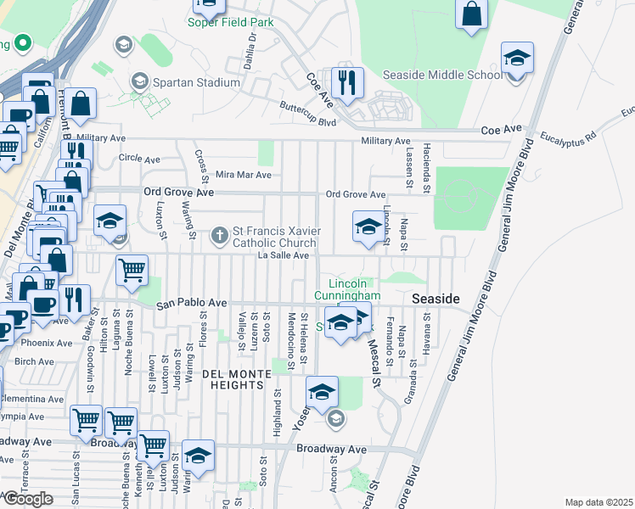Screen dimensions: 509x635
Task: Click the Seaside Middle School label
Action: click(x=442, y=75)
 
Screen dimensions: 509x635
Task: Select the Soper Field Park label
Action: click(x=230, y=21)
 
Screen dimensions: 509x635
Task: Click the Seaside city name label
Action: click(x=436, y=300)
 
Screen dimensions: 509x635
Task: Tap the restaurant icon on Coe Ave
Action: click(x=346, y=82)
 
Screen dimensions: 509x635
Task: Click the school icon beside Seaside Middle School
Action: click(x=516, y=59)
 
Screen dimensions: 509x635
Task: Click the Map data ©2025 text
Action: click(x=598, y=502)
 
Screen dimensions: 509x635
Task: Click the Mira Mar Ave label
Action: click(x=243, y=175)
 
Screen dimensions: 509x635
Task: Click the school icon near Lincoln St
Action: click(x=368, y=227)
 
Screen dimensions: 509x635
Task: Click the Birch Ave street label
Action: click(x=34, y=361)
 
